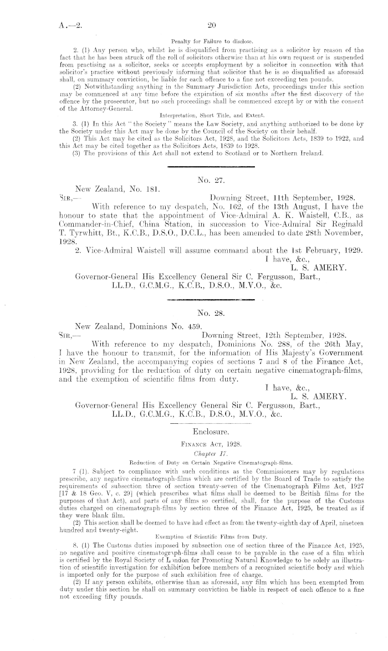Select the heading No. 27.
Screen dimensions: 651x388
(210, 179)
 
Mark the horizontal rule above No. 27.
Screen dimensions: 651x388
(210, 164)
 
